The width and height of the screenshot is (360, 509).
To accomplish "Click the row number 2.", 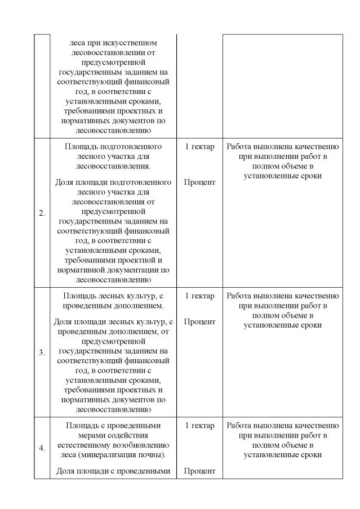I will tap(42, 213).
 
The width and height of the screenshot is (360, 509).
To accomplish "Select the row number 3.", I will tap(42, 353).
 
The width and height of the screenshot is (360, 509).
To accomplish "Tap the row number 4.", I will tap(42, 448).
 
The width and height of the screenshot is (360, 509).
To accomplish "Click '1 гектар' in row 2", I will tap(199, 146).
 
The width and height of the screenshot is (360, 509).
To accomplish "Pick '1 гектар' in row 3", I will tap(199, 296).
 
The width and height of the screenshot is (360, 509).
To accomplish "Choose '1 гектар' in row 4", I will tap(199, 426).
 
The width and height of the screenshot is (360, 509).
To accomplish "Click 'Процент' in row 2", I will tap(199, 182).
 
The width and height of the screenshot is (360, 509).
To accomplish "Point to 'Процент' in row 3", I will tap(199, 322).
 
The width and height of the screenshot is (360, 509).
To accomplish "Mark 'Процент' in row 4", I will tap(199, 471).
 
